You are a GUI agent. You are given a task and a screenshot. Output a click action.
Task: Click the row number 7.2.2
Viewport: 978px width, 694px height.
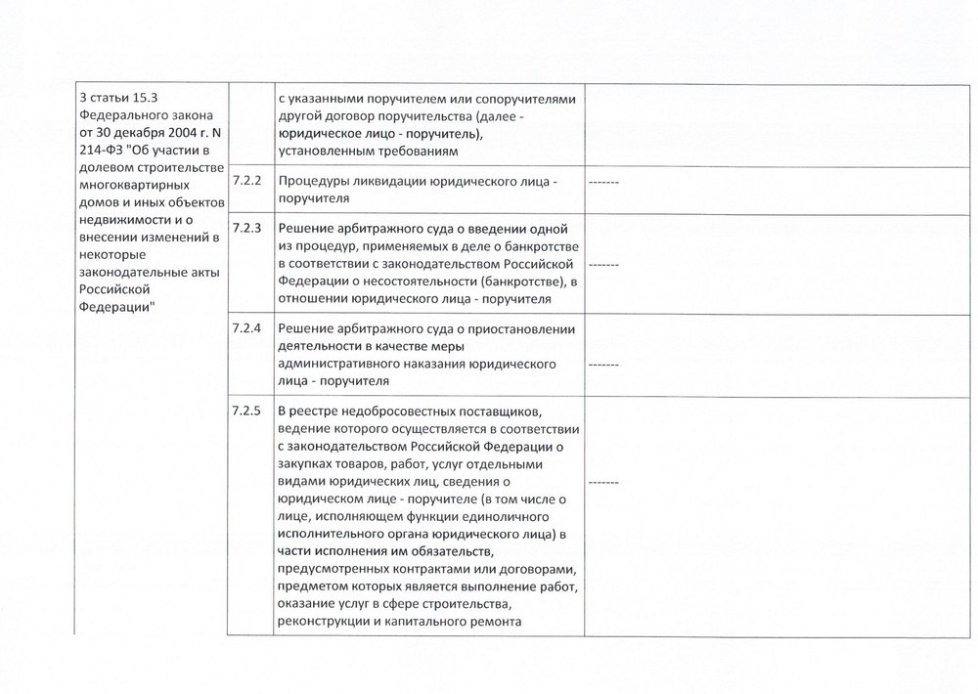(x=246, y=181)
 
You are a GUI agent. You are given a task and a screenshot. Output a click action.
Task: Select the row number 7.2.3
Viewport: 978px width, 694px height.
(x=246, y=229)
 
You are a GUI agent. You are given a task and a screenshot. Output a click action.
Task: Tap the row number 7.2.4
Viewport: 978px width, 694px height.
(x=246, y=329)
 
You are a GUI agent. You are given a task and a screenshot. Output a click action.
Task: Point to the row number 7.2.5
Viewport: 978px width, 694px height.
(x=246, y=410)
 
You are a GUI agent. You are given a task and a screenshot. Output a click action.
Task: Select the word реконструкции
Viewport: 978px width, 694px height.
(x=322, y=623)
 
